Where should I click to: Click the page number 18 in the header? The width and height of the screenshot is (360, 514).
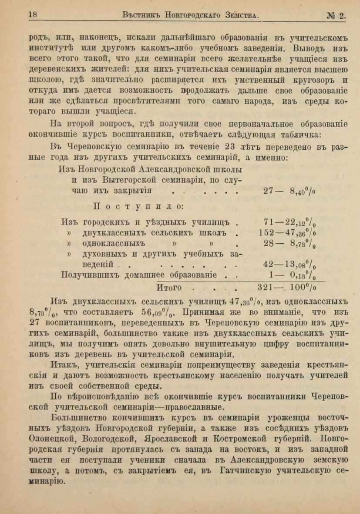33,15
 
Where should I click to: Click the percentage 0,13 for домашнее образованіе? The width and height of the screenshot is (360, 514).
301,275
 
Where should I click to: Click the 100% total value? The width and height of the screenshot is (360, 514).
300,288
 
